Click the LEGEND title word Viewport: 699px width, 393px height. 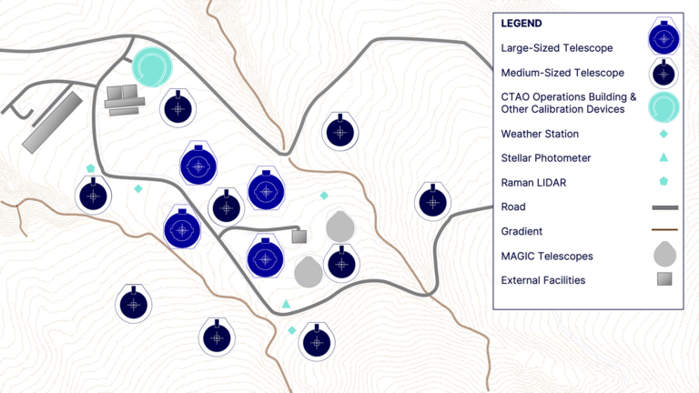point(522,24)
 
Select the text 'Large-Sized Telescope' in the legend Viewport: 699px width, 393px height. point(557,48)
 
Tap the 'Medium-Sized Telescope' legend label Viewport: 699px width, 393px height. point(562,73)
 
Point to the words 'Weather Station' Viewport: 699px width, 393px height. point(540,134)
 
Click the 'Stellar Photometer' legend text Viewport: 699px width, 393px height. point(546,158)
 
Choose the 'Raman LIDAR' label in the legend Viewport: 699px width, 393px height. point(533,183)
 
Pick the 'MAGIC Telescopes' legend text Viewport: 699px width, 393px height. point(547,257)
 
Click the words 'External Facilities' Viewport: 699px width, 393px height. point(543,280)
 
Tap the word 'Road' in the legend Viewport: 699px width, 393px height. point(513,207)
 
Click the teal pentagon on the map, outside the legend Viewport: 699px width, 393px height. point(90,168)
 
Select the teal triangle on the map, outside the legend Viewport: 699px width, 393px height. point(286,304)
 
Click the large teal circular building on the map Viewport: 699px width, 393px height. point(152,66)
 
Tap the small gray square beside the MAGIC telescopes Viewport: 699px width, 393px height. point(299,237)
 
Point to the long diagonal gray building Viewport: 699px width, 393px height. point(53,123)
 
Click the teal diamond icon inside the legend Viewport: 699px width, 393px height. point(664,134)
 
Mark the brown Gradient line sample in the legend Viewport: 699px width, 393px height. point(664,230)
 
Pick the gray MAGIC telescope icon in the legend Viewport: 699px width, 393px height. point(664,255)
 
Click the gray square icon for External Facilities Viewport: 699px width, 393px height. point(664,279)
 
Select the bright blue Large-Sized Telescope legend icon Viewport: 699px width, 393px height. point(664,38)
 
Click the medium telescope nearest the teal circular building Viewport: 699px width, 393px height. point(177,108)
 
